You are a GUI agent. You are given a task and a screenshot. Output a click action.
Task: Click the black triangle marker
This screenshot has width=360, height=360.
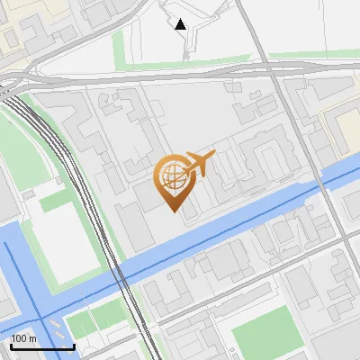point(181,24)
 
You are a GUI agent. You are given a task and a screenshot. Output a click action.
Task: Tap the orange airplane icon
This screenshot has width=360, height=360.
point(201,164)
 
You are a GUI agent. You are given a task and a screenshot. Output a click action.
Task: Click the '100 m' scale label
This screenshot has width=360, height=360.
point(24,338)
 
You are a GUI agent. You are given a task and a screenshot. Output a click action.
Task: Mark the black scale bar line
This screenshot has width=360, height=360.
point(42,346)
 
